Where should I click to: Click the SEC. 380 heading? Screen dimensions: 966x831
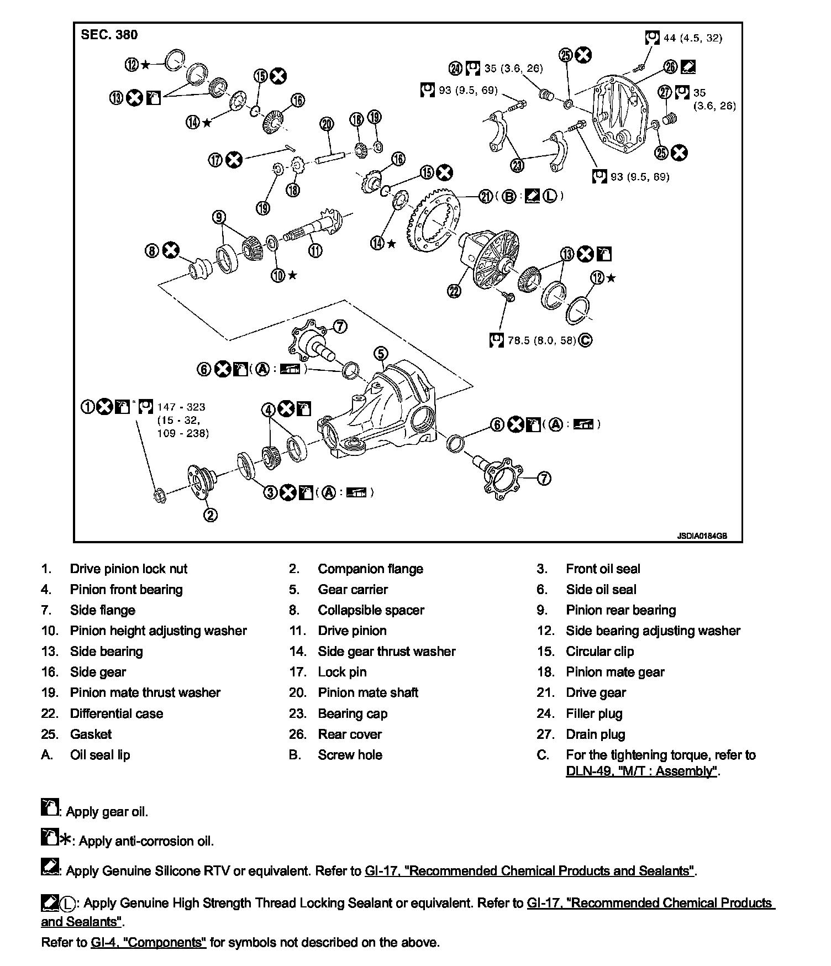click(109, 35)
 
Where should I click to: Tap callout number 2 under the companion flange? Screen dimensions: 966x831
click(211, 515)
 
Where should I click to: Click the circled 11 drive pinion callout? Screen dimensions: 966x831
click(315, 250)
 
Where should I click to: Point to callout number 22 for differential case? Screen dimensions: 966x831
click(455, 291)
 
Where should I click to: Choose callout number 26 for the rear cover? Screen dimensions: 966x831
click(670, 67)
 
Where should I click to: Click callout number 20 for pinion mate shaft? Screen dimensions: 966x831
click(327, 123)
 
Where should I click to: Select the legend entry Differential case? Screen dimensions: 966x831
click(116, 713)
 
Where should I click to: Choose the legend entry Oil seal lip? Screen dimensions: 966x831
click(100, 755)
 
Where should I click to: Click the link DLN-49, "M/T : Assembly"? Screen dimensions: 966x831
click(641, 771)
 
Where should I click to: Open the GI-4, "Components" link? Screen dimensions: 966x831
click(148, 942)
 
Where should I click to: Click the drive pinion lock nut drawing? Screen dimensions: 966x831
click(157, 494)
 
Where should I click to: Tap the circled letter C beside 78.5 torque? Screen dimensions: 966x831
click(585, 340)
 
